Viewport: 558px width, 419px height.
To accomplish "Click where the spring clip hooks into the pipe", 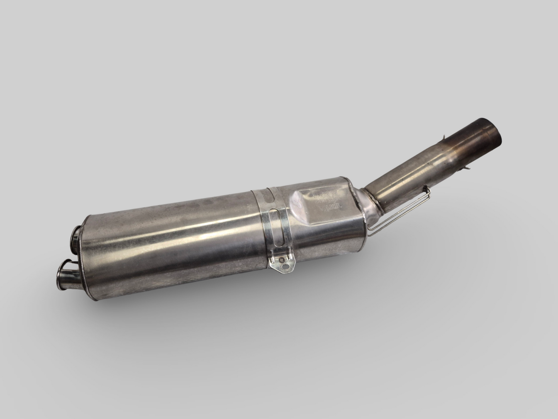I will click(427, 189).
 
